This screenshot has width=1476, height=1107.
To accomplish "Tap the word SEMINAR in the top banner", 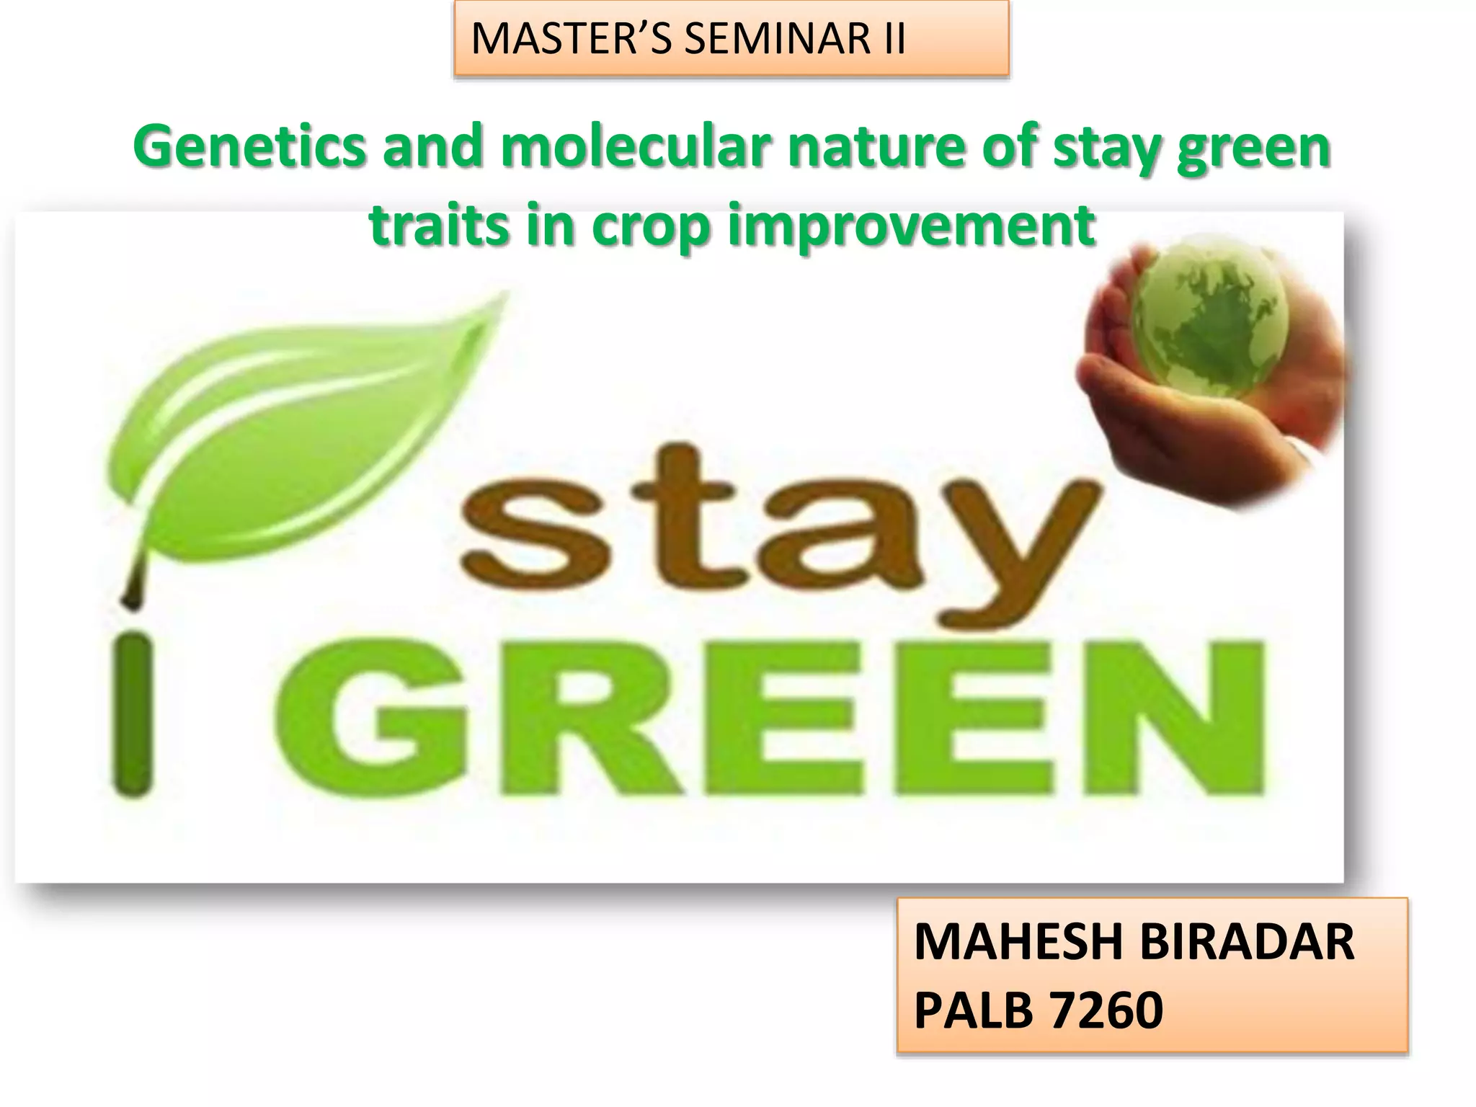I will coord(777,39).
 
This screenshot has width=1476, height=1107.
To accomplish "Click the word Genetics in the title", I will coord(249,147).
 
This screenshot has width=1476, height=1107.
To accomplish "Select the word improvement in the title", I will coord(911,226).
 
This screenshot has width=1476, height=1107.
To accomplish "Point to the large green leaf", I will coord(288,425).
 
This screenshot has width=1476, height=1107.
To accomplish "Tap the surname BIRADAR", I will coord(1247,943).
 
